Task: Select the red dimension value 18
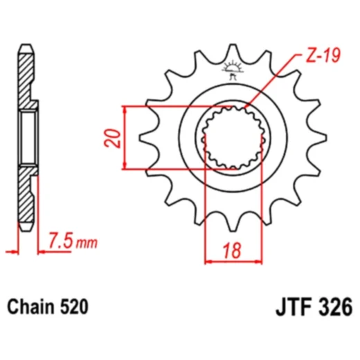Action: pyautogui.click(x=231, y=249)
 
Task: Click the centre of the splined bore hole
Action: pyautogui.click(x=233, y=138)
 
